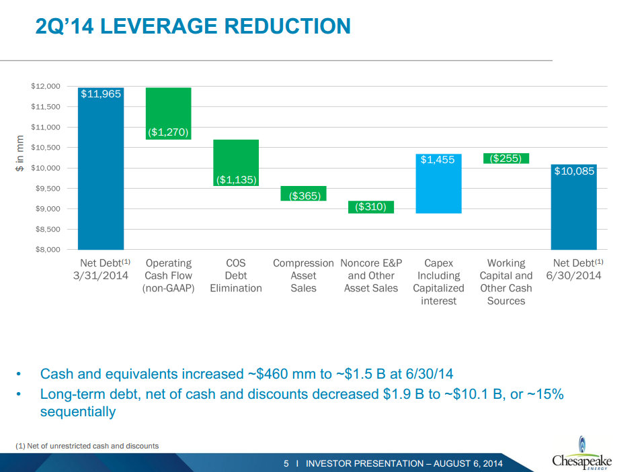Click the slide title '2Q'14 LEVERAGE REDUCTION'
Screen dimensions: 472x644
pyautogui.click(x=192, y=26)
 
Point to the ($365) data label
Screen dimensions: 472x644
pyautogui.click(x=303, y=195)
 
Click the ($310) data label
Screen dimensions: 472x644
pyautogui.click(x=370, y=207)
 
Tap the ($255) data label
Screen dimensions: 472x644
pyautogui.click(x=506, y=158)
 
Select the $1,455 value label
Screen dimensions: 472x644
pyautogui.click(x=438, y=160)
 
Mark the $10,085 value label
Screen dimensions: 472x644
pyautogui.click(x=573, y=171)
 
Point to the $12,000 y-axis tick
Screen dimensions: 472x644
pyautogui.click(x=46, y=86)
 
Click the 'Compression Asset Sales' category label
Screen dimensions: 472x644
pyautogui.click(x=303, y=275)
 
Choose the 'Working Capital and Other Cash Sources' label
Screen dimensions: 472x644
pyautogui.click(x=506, y=282)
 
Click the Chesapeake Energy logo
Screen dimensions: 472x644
pyautogui.click(x=581, y=456)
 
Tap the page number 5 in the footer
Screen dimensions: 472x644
pyautogui.click(x=286, y=464)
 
